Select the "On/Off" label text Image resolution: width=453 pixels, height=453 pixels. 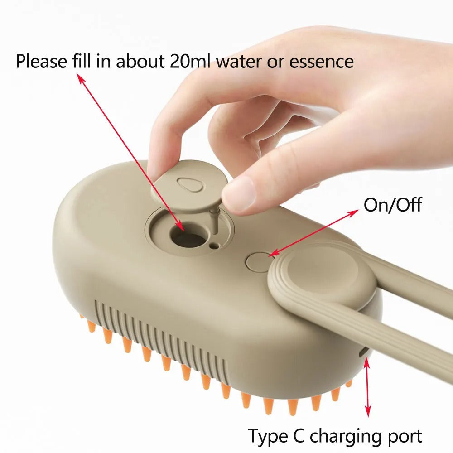click(392, 205)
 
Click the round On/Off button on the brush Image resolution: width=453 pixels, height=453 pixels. click(257, 261)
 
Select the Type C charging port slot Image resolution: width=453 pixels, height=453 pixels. click(365, 352)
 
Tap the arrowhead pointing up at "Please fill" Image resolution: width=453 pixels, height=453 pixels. click(80, 78)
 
